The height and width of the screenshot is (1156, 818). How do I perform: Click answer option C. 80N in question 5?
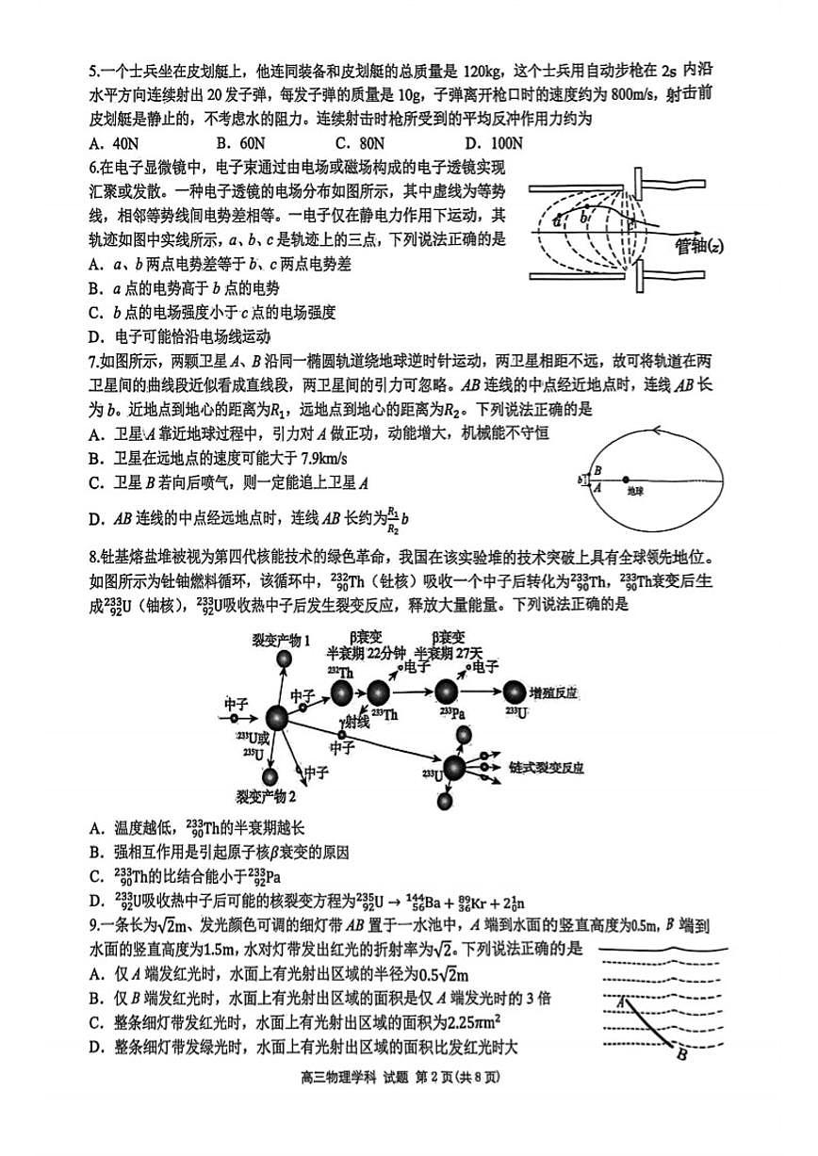point(362,143)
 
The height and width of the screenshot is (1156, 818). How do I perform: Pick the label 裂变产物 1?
point(281,641)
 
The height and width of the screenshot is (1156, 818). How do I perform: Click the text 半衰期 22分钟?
point(366,653)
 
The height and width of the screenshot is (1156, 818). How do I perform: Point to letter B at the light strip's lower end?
point(681,1049)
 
